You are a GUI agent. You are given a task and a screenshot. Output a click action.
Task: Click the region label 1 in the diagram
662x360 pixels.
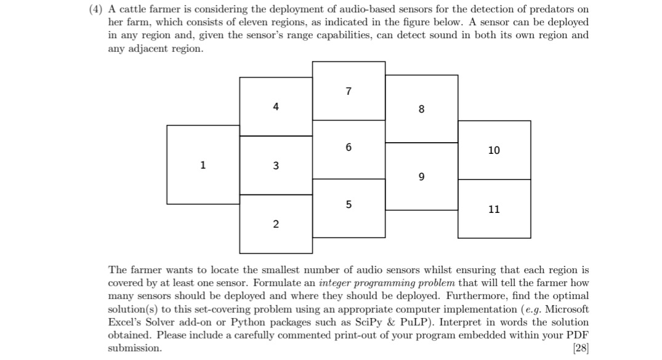202,164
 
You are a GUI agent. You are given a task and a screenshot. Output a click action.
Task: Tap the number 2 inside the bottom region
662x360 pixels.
275,224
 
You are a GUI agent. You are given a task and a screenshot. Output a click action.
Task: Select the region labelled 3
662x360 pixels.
275,165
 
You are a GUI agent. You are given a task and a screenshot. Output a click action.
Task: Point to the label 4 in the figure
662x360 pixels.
275,106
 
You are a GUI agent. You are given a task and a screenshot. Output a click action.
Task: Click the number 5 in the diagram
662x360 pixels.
349,204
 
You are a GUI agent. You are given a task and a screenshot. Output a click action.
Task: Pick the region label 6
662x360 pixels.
349,147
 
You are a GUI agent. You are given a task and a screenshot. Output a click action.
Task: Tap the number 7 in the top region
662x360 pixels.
349,92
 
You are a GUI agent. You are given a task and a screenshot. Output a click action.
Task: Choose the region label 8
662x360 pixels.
421,110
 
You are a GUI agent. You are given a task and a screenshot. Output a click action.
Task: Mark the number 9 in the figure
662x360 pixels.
421,177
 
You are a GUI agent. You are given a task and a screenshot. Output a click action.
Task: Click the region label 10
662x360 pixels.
494,150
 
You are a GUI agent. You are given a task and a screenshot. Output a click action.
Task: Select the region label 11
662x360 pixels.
494,209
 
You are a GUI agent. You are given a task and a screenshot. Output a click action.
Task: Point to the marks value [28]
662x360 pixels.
580,348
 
